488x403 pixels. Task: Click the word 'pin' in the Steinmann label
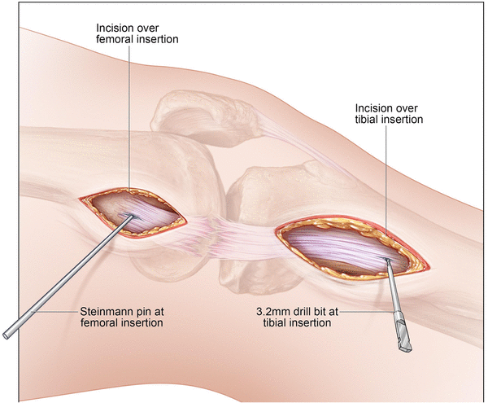click(x=142, y=311)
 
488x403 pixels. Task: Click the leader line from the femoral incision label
click(x=129, y=122)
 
